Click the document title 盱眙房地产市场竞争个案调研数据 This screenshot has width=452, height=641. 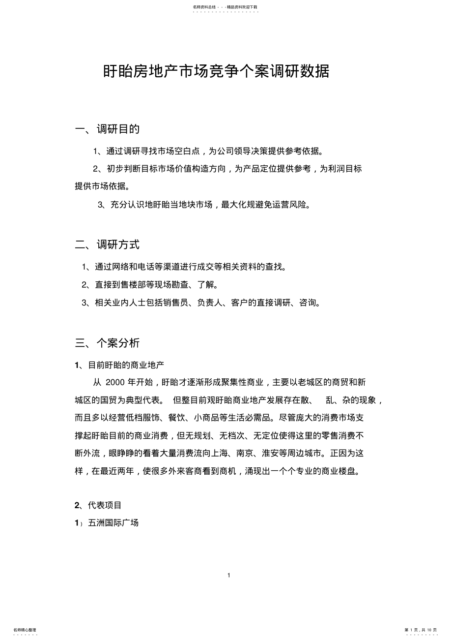(x=216, y=72)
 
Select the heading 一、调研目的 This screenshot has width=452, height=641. (x=107, y=129)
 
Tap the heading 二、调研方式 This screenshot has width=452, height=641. (x=107, y=244)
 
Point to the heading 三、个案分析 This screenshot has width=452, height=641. (x=107, y=343)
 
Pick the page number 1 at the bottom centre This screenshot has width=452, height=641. (x=229, y=575)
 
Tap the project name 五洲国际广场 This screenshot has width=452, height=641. (x=113, y=523)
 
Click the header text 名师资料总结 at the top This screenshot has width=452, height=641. (x=203, y=7)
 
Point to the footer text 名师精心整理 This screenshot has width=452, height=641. (x=25, y=630)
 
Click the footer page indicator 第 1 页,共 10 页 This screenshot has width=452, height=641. (x=421, y=630)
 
